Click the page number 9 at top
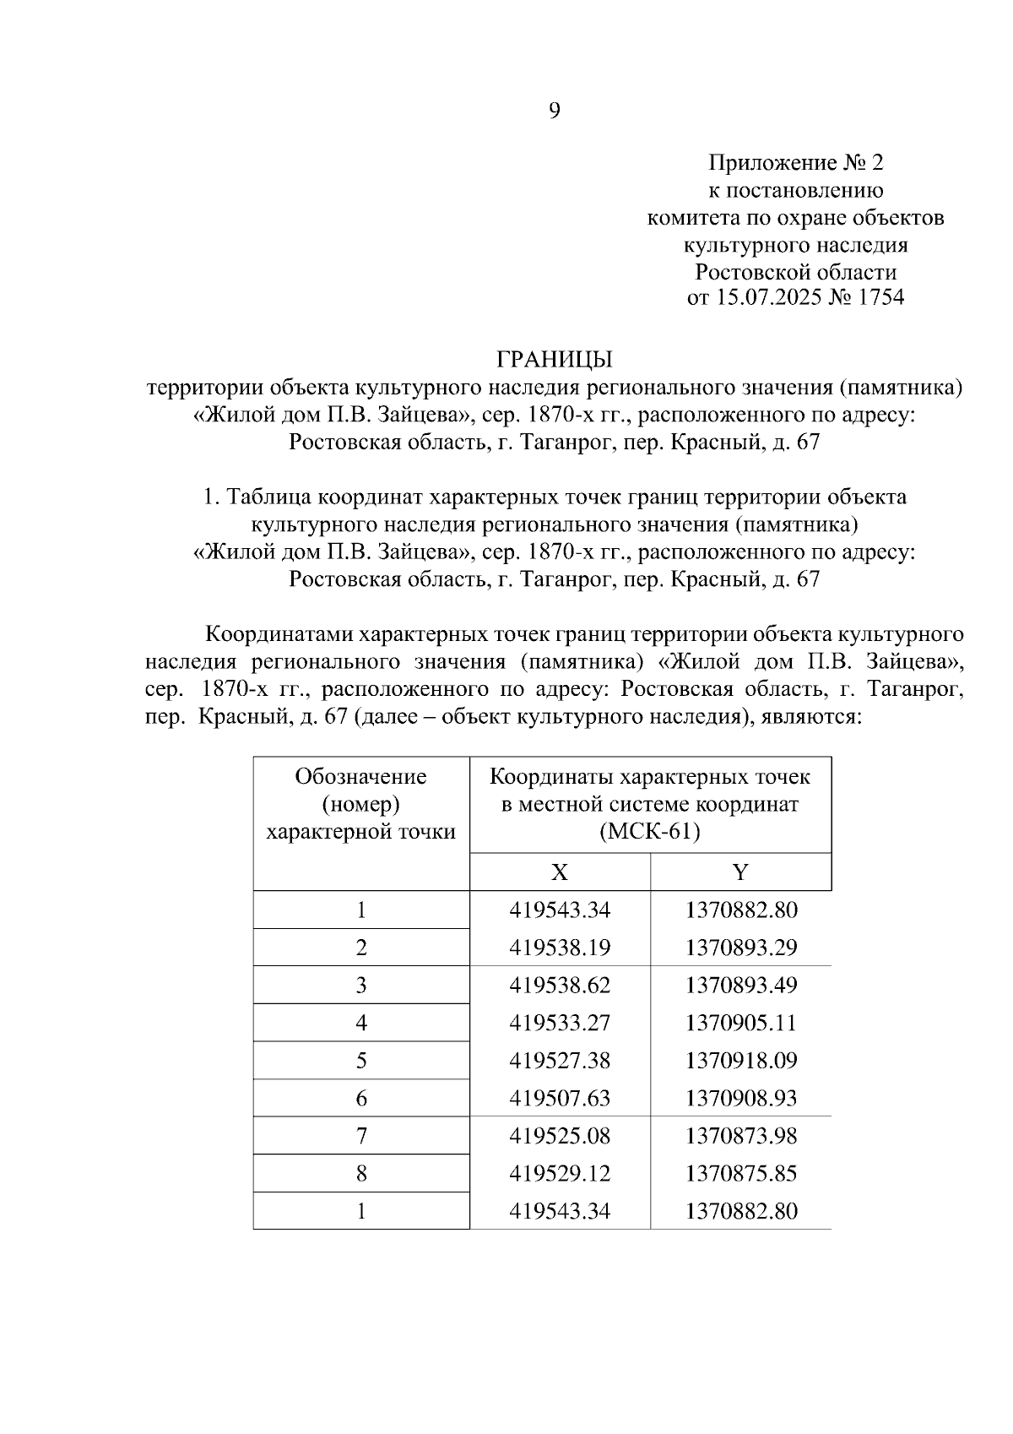[555, 111]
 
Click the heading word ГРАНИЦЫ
[554, 360]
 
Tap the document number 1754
[880, 298]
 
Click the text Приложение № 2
[795, 162]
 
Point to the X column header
[559, 872]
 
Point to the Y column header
[740, 872]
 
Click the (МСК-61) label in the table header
[650, 832]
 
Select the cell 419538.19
[560, 948]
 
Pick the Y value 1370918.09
[741, 1061]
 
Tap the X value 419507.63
[560, 1099]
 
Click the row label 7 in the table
[361, 1136]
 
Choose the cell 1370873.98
[741, 1136]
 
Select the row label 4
[361, 1024]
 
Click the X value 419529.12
[560, 1174]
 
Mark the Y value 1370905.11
[741, 1024]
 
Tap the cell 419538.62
[560, 986]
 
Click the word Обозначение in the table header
[360, 776]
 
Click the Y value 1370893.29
[741, 948]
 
